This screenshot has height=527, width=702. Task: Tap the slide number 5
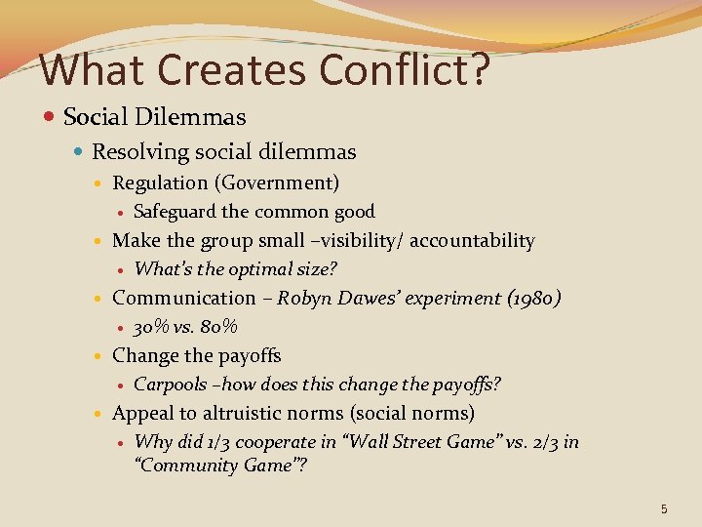tap(664, 508)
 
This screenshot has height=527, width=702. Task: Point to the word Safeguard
tap(175, 212)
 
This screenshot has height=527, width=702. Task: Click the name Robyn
tap(307, 298)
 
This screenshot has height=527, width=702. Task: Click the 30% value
tap(151, 327)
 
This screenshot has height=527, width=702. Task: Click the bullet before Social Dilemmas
tap(50, 118)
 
